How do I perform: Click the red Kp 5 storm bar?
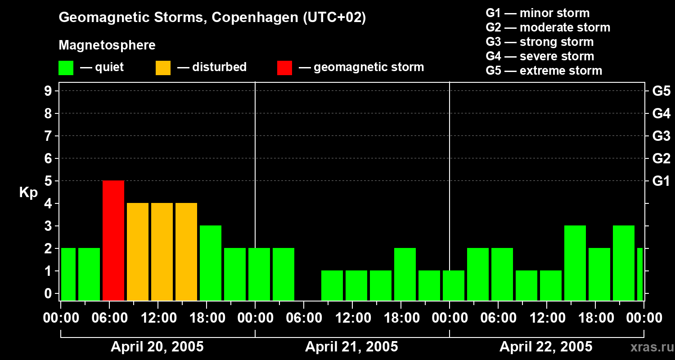[x=113, y=240]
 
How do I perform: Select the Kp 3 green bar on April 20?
[x=211, y=263]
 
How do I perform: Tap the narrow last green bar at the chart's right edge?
[x=640, y=274]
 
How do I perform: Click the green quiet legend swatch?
[x=66, y=67]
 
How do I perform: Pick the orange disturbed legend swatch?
[x=163, y=67]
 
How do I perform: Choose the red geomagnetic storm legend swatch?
[x=284, y=67]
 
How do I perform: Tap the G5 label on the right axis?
[x=661, y=91]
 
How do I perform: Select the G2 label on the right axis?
[x=661, y=159]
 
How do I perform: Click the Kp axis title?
[x=28, y=193]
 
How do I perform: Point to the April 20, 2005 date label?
[x=157, y=347]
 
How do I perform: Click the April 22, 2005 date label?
[x=546, y=347]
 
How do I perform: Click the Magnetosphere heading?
[x=107, y=45]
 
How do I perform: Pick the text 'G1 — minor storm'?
[x=537, y=13]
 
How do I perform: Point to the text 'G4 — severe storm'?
[x=540, y=56]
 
